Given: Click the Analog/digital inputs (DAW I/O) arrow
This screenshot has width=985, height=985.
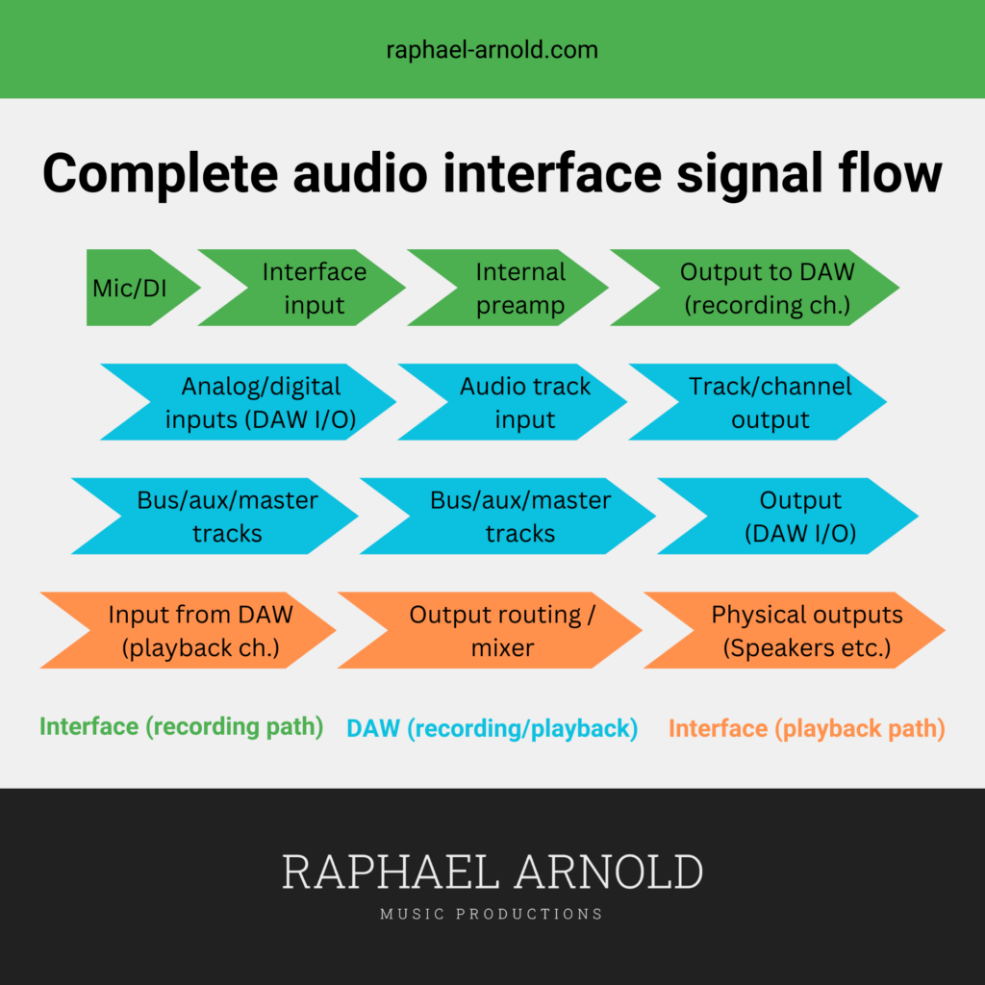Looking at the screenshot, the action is (x=258, y=402).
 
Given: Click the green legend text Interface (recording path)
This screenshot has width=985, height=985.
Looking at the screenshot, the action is (x=182, y=727).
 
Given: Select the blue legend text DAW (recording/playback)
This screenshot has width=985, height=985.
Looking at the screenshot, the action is (x=492, y=729).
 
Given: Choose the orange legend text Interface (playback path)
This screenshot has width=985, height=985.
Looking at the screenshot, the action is (x=807, y=729).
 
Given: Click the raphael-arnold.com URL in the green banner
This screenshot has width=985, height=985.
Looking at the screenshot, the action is (x=492, y=50).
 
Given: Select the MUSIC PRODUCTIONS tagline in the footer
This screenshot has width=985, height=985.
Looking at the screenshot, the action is (x=492, y=914).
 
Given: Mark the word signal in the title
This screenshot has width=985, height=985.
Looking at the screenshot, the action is (x=750, y=175).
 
